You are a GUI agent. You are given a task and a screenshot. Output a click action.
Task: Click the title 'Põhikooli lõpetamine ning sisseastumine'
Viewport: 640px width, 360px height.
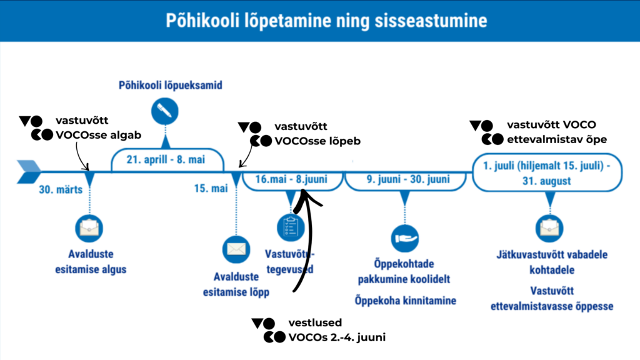[326, 21]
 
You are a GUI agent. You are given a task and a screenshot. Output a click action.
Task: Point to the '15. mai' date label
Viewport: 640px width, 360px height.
[211, 189]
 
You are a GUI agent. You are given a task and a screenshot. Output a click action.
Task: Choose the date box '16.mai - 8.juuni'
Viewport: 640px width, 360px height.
[293, 180]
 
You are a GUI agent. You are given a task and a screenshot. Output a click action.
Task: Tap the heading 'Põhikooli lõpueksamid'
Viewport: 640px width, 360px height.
[171, 85]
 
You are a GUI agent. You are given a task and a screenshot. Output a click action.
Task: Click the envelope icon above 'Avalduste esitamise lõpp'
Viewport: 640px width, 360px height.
[236, 249]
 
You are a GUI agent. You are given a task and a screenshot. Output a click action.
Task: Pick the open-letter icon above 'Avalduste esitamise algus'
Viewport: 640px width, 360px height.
[89, 228]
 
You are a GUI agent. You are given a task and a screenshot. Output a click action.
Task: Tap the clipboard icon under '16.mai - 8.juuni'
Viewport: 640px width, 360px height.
[290, 226]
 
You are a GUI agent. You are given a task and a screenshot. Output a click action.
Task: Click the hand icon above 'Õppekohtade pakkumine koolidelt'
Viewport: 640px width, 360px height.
[405, 237]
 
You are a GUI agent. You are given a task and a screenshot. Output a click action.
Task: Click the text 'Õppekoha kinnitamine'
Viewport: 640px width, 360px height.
[406, 301]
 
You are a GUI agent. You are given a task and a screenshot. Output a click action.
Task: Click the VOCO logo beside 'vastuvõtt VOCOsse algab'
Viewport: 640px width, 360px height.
[32, 127]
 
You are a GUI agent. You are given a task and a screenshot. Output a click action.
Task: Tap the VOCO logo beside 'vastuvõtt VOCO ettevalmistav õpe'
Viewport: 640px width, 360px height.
[486, 132]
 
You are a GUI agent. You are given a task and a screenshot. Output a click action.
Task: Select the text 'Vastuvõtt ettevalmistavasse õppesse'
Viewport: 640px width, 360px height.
[552, 299]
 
